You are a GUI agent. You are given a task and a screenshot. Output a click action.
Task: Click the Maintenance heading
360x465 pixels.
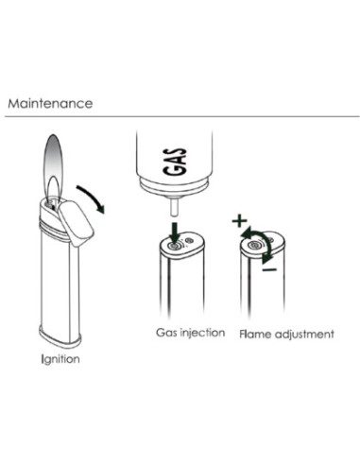pyautogui.click(x=50, y=103)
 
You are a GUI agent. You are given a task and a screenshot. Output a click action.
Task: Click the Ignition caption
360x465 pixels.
pyautogui.click(x=60, y=359)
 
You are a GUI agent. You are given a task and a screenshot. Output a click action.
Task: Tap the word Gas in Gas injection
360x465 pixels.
pyautogui.click(x=166, y=332)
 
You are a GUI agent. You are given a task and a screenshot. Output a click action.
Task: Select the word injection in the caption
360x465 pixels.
pyautogui.click(x=202, y=333)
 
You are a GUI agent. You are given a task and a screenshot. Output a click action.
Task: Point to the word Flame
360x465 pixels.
pyautogui.click(x=255, y=334)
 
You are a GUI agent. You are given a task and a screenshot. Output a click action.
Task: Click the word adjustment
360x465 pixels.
pyautogui.click(x=304, y=335)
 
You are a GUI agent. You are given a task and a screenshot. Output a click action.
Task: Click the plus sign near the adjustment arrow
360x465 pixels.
pyautogui.click(x=239, y=220)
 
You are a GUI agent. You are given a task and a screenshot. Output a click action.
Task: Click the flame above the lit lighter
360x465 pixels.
pyautogui.click(x=54, y=167)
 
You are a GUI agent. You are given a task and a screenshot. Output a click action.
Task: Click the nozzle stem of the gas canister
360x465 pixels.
pyautogui.click(x=174, y=207)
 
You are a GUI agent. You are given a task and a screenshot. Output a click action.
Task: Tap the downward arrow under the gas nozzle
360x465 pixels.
pyautogui.click(x=175, y=232)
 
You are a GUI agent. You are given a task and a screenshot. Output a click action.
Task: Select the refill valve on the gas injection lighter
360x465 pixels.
pyautogui.click(x=174, y=246)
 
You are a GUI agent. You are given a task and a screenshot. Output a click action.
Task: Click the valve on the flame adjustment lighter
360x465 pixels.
pyautogui.click(x=254, y=246)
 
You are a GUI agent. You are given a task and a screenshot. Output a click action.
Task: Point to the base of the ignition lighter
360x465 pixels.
pyautogui.click(x=60, y=336)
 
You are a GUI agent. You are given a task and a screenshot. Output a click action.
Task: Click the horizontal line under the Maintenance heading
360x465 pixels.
pyautogui.click(x=182, y=116)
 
